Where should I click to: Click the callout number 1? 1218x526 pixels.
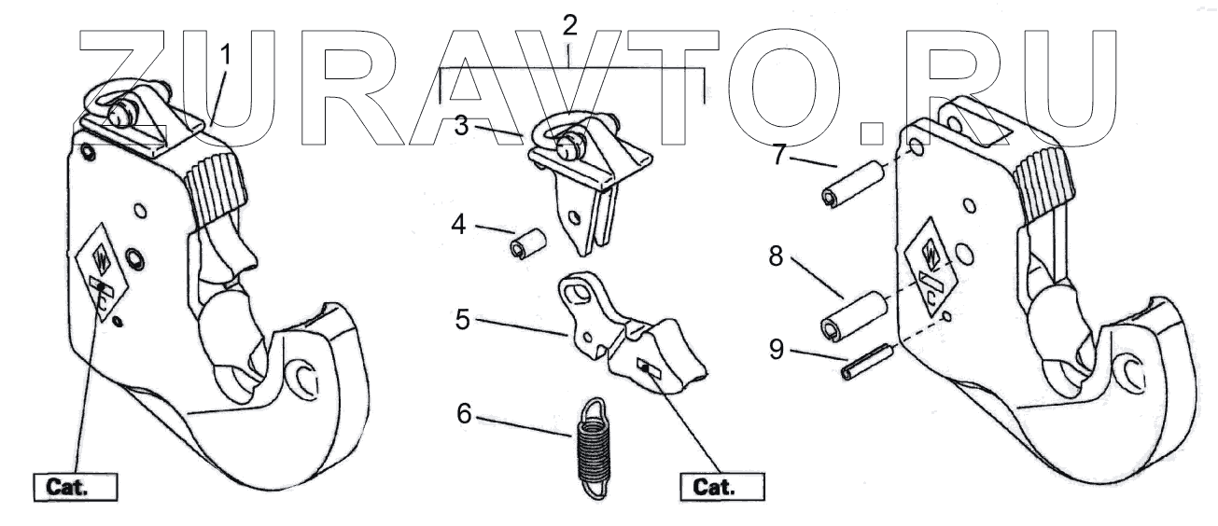click(x=225, y=55)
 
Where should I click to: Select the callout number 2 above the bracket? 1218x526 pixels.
click(x=569, y=25)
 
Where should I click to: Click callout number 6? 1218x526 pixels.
click(x=464, y=411)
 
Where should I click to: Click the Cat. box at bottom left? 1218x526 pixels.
click(x=76, y=487)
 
